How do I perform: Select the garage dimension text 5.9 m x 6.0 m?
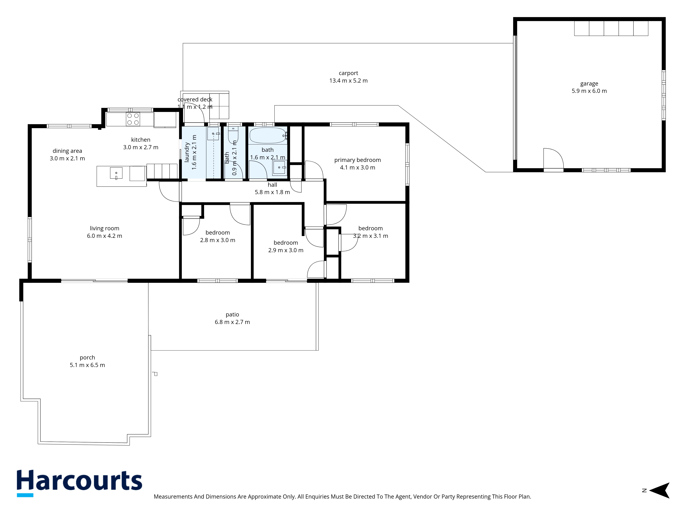[589, 91]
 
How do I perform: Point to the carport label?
[348, 73]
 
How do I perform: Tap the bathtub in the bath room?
[267, 135]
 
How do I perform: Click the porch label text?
[87, 358]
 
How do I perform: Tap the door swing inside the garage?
[553, 159]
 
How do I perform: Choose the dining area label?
[67, 151]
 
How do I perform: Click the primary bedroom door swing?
[314, 170]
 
